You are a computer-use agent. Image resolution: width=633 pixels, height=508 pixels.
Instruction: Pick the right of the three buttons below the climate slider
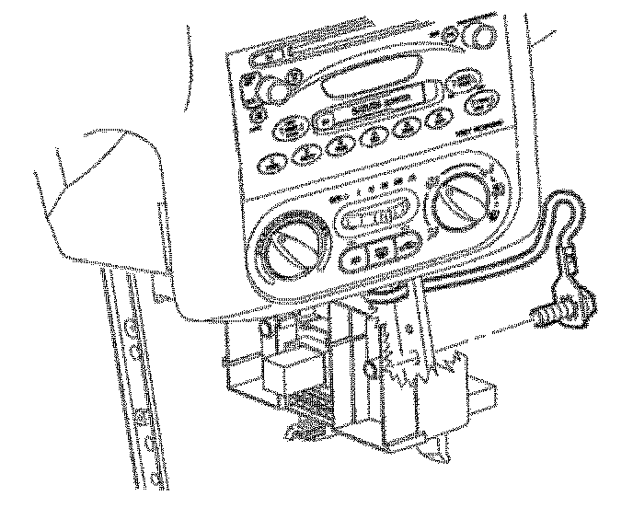[405, 245]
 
